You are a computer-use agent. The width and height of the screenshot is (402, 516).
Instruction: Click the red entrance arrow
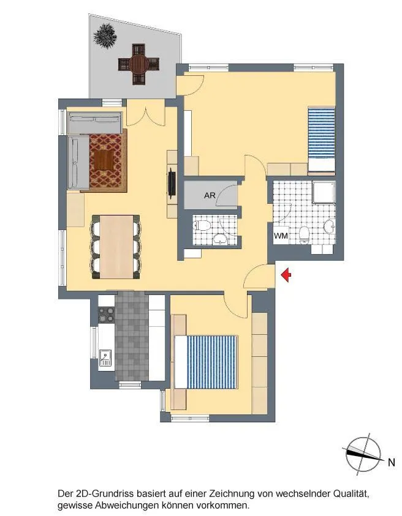[286, 275]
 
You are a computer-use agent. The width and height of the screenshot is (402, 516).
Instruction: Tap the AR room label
[210, 195]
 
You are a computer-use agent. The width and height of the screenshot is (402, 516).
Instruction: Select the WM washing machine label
[281, 236]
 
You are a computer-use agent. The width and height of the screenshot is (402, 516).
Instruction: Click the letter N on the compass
[391, 462]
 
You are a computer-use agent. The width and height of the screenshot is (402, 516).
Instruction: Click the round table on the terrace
[138, 64]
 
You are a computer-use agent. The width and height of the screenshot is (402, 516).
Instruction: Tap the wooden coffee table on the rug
[104, 160]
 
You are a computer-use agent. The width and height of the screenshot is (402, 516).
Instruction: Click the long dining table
[116, 247]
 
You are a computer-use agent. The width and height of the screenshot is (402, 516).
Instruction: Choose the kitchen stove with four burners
[107, 315]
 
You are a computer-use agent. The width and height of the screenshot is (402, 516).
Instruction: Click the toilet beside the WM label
[304, 236]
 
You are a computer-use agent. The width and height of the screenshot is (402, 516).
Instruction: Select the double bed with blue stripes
[206, 362]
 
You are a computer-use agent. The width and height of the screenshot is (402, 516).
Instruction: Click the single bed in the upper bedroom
[321, 140]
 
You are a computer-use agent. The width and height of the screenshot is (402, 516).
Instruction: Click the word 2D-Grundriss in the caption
[105, 493]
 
